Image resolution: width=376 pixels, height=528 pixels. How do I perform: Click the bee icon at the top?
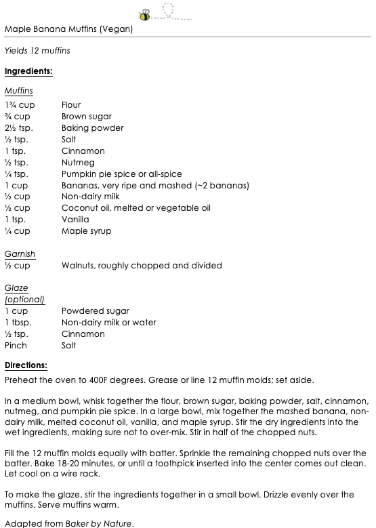point(145,13)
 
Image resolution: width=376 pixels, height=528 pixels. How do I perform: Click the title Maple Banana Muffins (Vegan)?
point(68,29)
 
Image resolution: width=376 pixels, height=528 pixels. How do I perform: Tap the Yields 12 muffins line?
point(37,51)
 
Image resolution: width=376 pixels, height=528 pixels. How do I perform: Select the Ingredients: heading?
point(28,70)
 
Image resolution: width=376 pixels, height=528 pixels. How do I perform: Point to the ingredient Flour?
point(71,105)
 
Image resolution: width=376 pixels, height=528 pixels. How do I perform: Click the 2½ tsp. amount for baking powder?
point(18,128)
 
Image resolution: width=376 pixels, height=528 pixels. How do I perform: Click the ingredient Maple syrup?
point(86,231)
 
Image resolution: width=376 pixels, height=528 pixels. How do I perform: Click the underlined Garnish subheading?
point(20,254)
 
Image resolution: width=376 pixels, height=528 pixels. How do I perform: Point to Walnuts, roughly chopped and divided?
point(142,266)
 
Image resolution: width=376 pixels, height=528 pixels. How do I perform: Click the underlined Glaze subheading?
point(16,289)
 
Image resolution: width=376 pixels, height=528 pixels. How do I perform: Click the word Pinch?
point(16,346)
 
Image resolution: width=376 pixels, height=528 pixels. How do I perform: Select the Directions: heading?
point(26,365)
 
